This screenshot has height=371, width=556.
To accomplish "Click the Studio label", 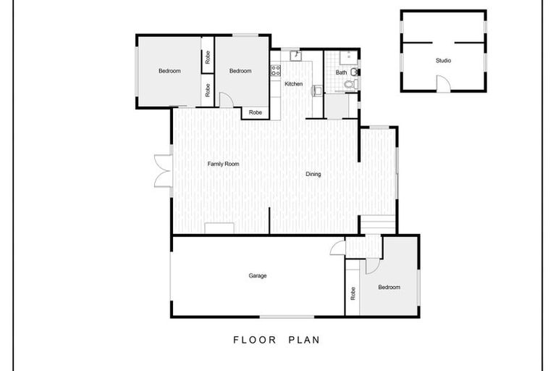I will coord(443,61).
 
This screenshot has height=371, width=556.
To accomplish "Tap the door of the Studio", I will coord(443,85).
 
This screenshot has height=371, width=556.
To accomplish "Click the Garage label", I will coord(258,276).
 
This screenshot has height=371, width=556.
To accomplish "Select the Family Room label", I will coord(223,164).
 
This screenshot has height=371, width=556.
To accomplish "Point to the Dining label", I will coord(313,174).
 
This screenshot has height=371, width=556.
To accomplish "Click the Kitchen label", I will coord(293,85).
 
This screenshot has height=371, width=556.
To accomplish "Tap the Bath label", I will coord(341,72).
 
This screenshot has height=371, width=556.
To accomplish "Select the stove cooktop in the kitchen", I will coord(275,71).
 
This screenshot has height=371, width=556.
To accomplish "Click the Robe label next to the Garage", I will coord(353,293).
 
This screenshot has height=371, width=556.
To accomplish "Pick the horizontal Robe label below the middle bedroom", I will coord(256,112).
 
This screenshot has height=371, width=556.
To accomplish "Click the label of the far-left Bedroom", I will coord(169,71).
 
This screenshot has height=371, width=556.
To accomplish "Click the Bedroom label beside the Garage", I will coord(389,288).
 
